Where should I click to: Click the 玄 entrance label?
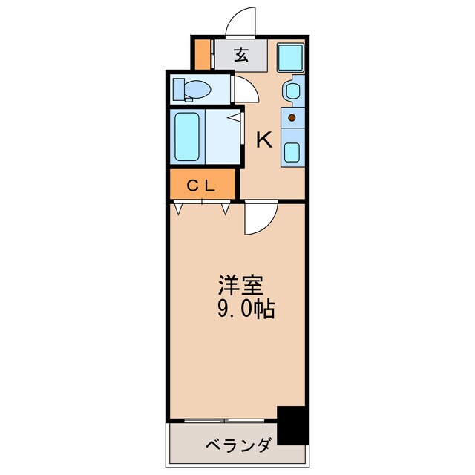coord(241,54)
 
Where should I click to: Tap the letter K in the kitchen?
coord(263,140)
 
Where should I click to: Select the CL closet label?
coord(200,186)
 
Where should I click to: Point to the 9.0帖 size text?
coord(246,309)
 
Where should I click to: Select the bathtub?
coord(187,137)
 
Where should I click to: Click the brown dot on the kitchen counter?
coord(292,117)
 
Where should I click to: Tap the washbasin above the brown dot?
coord(292,91)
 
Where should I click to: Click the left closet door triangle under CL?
coord(179,209)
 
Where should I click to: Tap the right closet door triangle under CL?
coord(225,209)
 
